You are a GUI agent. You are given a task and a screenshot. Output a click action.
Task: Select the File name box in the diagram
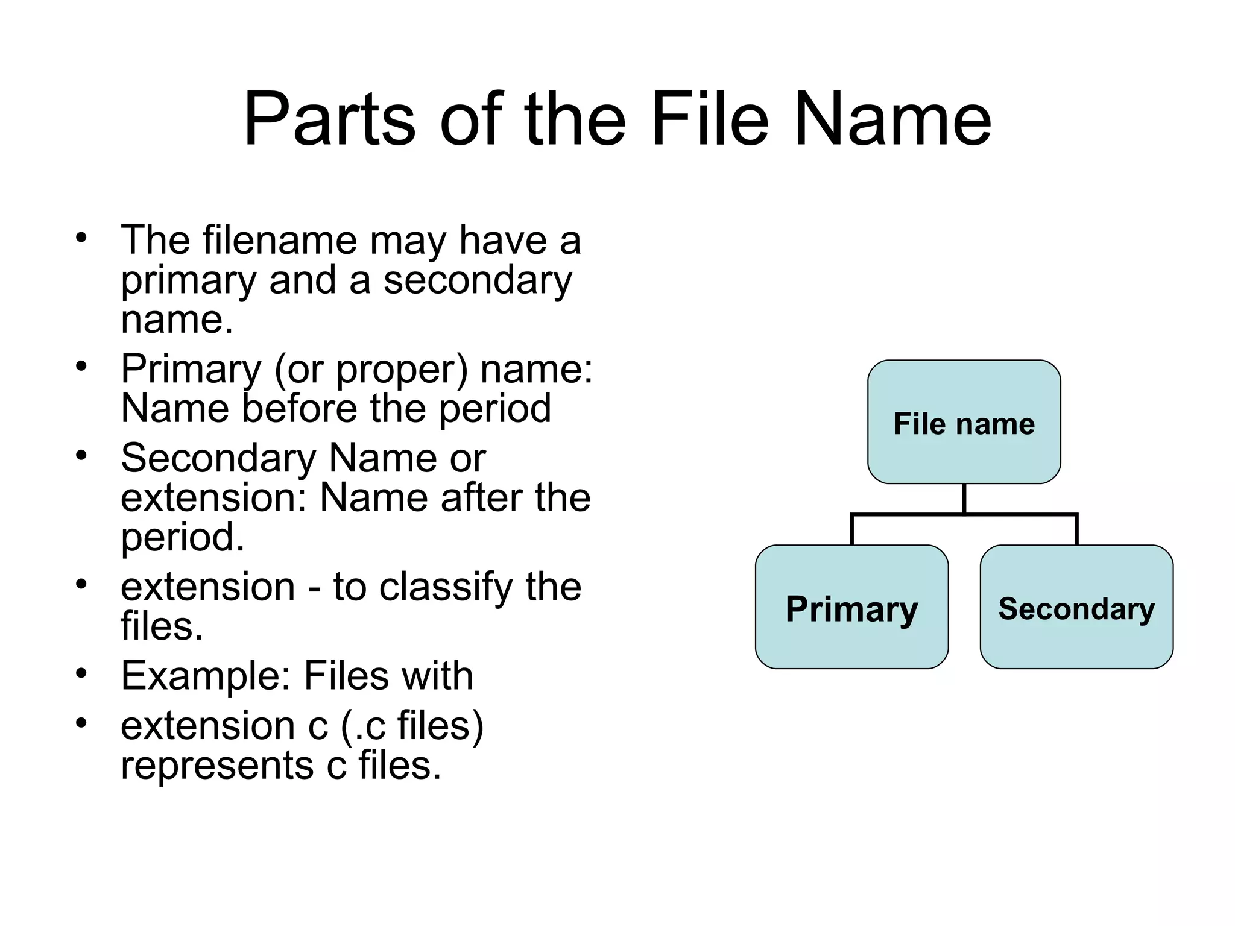(x=964, y=422)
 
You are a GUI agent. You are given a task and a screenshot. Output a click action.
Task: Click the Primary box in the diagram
(x=851, y=607)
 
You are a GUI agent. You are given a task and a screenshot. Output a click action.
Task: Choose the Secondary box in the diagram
(x=1076, y=607)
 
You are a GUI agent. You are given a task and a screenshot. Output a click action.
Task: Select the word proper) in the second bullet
(x=402, y=369)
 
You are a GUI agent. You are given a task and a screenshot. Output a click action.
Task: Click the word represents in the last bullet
(x=217, y=765)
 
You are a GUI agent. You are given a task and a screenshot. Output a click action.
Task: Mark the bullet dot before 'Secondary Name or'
(x=81, y=455)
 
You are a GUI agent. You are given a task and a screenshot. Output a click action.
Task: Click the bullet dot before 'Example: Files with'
(x=81, y=672)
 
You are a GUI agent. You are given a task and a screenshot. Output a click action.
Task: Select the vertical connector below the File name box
(x=964, y=499)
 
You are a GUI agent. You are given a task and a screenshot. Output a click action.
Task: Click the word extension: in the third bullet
(x=214, y=498)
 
